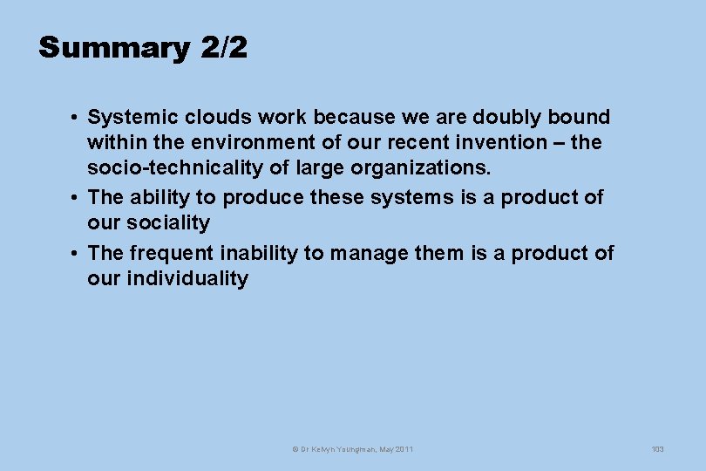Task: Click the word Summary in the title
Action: coord(113,48)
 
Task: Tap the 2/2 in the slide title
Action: coord(223,48)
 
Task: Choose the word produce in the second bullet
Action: coord(261,198)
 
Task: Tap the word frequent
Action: coord(171,254)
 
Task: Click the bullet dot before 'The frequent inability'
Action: coord(78,254)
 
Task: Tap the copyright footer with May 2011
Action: coord(352,449)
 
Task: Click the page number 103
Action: coord(657,449)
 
